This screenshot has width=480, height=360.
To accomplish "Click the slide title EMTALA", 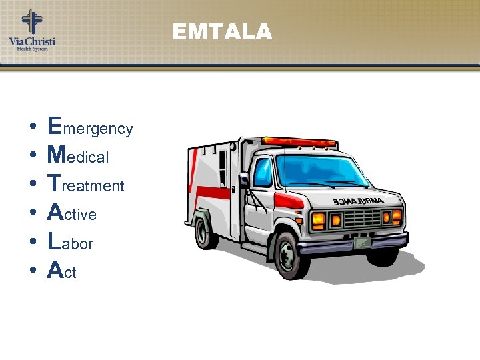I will tap(222, 32).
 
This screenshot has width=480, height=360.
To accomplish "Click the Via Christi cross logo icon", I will tap(31, 21).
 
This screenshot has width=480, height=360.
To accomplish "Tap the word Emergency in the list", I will tap(90, 127).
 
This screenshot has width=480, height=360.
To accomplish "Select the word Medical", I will tap(78, 156).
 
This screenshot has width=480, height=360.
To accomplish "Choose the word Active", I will tap(72, 213).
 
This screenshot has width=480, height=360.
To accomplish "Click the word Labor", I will tap(70, 243).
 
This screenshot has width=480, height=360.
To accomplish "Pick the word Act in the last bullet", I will tap(62, 271).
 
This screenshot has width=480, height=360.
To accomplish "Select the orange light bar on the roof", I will tap(299, 142).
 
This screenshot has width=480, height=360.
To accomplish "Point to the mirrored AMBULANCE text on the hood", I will tap(357, 201).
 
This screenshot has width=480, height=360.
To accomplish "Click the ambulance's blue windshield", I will tap(322, 170).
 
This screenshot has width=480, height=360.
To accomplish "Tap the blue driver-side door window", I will tap(263, 172).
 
